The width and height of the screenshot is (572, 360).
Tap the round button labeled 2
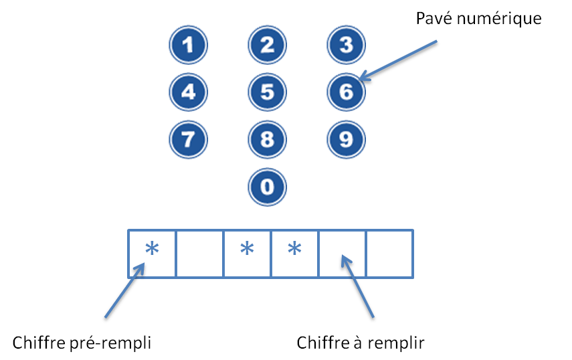(x=267, y=46)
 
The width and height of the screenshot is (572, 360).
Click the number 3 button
(x=346, y=46)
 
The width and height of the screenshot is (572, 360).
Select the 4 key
(x=188, y=92)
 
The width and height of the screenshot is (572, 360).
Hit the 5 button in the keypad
(x=267, y=92)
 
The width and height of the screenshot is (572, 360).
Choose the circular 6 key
(x=346, y=92)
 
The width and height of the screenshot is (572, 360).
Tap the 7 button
(x=188, y=139)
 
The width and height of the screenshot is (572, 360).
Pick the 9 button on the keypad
(x=346, y=139)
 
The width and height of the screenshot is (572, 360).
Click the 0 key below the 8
(x=267, y=187)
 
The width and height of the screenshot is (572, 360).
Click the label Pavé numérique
(x=478, y=18)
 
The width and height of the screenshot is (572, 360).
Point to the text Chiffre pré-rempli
(x=82, y=343)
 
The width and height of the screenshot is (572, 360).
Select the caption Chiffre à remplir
(x=361, y=343)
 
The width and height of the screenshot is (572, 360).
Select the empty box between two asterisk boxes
(x=200, y=253)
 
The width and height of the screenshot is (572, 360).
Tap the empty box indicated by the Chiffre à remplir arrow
(x=342, y=253)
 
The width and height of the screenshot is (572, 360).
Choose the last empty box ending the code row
(x=389, y=253)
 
